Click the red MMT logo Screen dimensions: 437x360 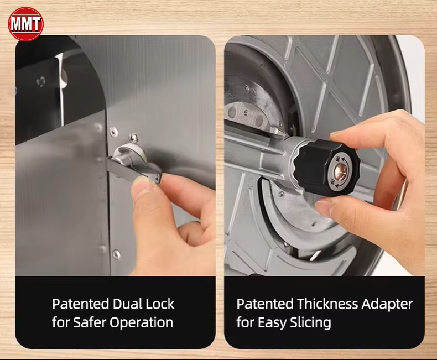point(25,24)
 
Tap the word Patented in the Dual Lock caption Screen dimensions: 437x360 point(80,304)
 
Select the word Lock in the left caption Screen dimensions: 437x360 point(160,304)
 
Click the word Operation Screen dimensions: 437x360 point(141,323)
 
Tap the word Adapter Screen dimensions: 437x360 point(387,305)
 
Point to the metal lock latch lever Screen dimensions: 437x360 point(134,169)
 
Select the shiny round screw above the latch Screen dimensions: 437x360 point(133,138)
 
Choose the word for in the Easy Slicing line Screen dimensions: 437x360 point(245,322)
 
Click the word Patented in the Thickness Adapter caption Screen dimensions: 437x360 point(265,304)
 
